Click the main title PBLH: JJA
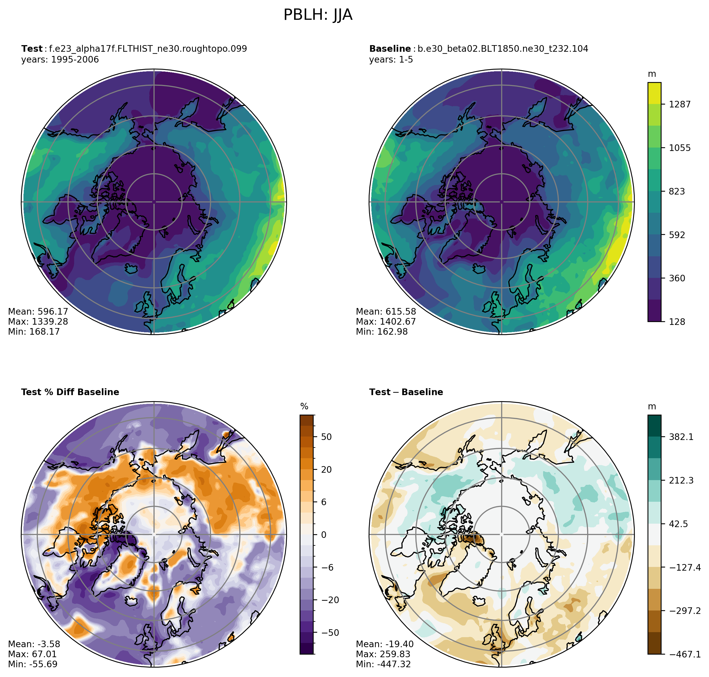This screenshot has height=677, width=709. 318,15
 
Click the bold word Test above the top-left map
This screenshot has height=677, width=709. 32,49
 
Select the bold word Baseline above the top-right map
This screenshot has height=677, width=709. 390,49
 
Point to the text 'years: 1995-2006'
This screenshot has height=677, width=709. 60,60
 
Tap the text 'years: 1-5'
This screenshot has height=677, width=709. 391,60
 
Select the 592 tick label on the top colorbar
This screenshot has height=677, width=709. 677,235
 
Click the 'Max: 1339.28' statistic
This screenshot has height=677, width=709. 38,321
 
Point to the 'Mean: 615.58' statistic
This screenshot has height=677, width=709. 386,311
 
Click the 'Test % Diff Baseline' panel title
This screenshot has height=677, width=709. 70,392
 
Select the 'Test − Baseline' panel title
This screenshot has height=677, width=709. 406,392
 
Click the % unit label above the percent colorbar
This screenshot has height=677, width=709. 304,407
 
